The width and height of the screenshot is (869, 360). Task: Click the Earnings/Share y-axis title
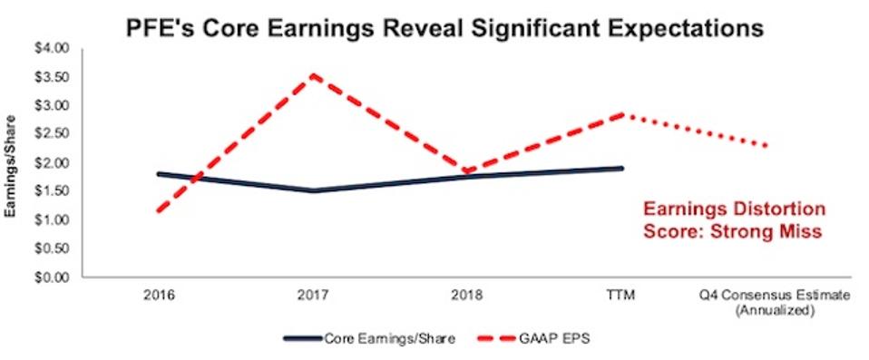(x=15, y=163)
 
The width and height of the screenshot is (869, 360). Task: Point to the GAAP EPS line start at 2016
(x=160, y=211)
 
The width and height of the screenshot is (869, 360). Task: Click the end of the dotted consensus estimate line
(x=770, y=145)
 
